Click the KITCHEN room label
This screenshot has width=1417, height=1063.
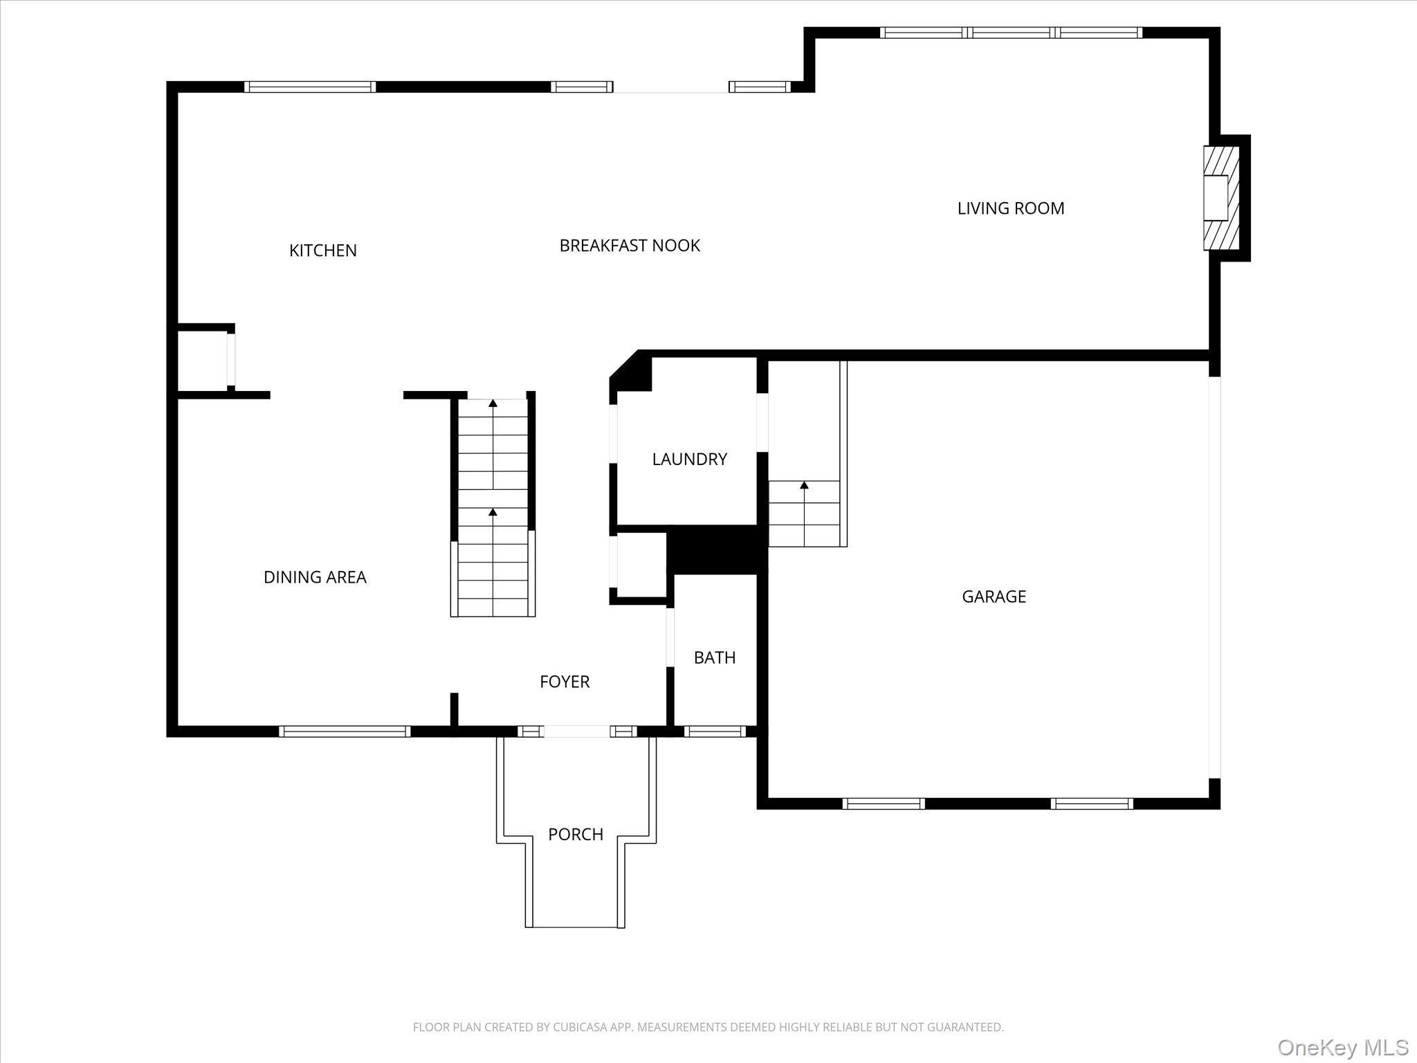coord(322,251)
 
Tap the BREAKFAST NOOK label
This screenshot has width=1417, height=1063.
coord(630,246)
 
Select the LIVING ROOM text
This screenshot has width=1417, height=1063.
coord(1010,208)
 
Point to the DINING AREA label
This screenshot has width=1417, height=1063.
coord(315,577)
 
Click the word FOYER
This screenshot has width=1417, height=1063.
coord(565,682)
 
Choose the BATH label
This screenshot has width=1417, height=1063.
coord(714,657)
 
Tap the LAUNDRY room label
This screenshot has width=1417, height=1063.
coord(689,459)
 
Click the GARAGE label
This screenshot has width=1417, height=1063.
coord(994,597)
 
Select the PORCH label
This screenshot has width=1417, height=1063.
coord(576,835)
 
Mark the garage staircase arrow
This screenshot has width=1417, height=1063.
coord(804,486)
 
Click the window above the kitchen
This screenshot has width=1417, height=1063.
coord(310,87)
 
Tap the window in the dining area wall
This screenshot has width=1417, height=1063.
coord(345,732)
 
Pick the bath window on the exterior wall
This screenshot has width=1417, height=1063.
coord(714,732)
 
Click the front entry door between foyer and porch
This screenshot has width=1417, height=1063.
coord(577,732)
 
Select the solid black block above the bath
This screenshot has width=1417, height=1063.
coord(716,550)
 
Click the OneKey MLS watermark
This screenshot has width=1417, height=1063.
coord(1342,1046)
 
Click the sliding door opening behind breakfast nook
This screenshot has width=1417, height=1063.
coord(670,88)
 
